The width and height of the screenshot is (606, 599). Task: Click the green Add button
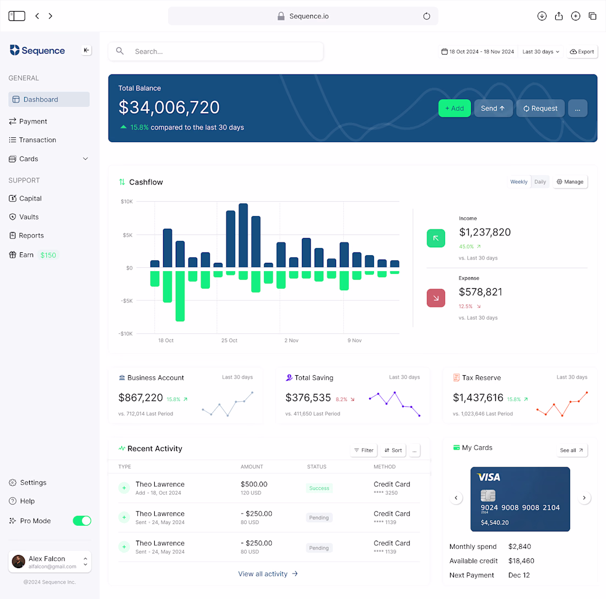click(x=454, y=108)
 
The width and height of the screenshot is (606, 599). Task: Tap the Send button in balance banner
click(x=493, y=108)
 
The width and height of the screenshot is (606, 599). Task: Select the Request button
click(x=540, y=108)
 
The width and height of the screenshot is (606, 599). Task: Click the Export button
click(x=582, y=51)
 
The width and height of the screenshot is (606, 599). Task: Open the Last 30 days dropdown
click(x=540, y=51)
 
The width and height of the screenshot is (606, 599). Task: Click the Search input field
click(x=215, y=51)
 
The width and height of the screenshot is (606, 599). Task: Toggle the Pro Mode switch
click(x=82, y=521)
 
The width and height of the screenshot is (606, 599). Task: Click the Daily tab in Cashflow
click(x=540, y=182)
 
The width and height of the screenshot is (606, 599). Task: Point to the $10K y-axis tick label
click(x=127, y=202)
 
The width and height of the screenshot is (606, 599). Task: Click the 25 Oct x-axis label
click(x=229, y=341)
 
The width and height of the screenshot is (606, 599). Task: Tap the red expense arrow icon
click(x=436, y=298)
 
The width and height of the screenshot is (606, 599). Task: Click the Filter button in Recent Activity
click(x=364, y=450)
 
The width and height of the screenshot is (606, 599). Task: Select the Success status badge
click(x=319, y=488)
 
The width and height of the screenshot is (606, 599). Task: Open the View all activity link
click(x=268, y=574)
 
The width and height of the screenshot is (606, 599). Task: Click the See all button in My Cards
click(x=571, y=450)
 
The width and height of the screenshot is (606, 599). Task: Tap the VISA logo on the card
click(x=489, y=477)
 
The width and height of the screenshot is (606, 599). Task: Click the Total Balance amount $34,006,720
click(x=169, y=107)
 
